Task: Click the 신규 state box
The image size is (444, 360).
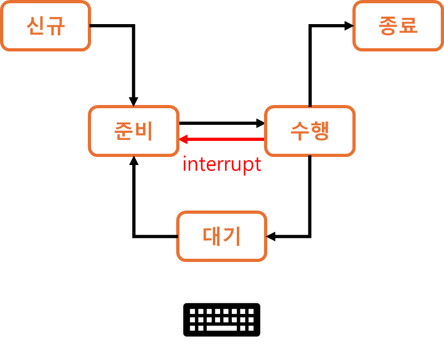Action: click(x=45, y=26)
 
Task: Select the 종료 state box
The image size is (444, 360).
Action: click(x=398, y=26)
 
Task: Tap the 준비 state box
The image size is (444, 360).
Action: click(x=133, y=131)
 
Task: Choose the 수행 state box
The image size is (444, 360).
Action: click(x=310, y=131)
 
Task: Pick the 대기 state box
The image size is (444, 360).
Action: click(x=222, y=236)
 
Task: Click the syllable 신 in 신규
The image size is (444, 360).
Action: click(x=36, y=26)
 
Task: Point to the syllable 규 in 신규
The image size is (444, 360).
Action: click(x=55, y=26)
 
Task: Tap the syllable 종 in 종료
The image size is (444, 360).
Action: click(x=388, y=26)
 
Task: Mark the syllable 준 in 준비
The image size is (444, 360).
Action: click(x=124, y=131)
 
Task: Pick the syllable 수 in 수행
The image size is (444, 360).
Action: click(x=300, y=131)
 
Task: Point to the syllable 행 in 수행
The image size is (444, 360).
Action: click(x=320, y=131)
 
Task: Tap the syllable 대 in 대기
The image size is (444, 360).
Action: click(x=212, y=236)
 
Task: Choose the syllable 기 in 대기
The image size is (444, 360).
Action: click(x=232, y=236)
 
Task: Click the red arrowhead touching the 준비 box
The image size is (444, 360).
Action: click(x=183, y=139)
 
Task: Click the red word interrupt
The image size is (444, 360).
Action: click(x=222, y=164)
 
